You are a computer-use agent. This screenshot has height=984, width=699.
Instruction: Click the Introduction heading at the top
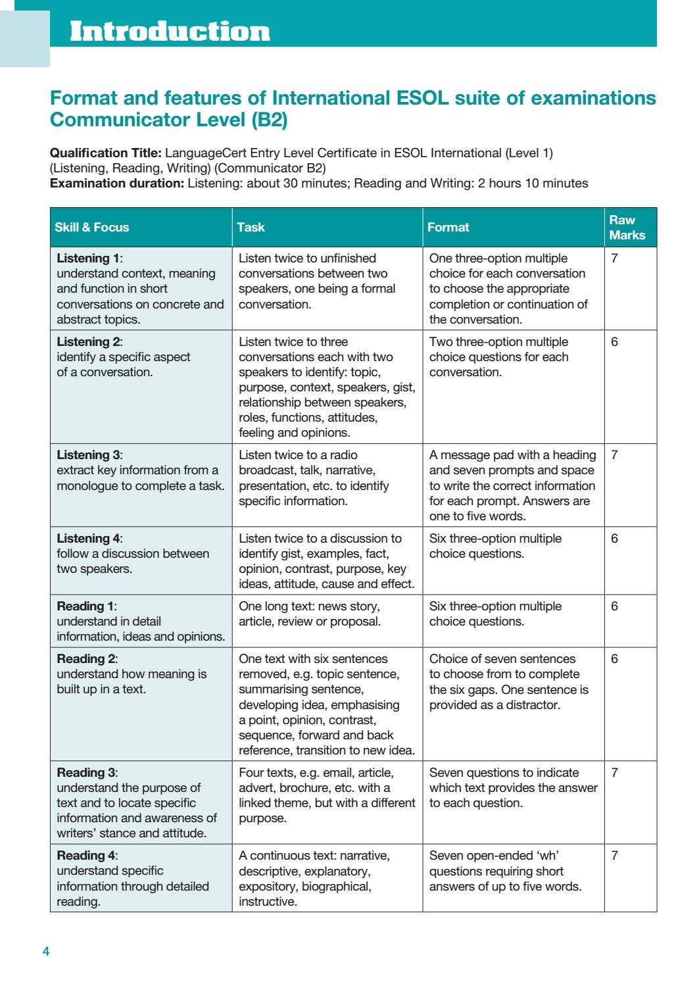[x=170, y=31]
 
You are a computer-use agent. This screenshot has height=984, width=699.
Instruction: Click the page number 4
[x=46, y=951]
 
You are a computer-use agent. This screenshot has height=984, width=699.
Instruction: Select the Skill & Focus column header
[x=92, y=228]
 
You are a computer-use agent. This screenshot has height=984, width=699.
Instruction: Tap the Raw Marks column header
[x=627, y=228]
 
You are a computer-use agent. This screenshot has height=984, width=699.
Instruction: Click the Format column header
[x=448, y=228]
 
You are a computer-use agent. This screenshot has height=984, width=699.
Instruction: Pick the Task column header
[x=251, y=228]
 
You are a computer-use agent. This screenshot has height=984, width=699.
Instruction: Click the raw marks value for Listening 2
[x=614, y=342]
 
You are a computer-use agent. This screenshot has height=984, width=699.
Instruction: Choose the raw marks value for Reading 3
[x=614, y=773]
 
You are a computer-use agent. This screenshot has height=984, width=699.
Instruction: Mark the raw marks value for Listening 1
[x=614, y=258]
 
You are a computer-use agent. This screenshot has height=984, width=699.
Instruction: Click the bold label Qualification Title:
[x=105, y=153]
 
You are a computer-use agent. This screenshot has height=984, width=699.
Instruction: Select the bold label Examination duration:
[x=117, y=184]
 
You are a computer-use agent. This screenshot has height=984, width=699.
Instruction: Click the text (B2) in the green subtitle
[x=268, y=120]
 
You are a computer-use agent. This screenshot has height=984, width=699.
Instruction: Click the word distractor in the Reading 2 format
[x=530, y=705]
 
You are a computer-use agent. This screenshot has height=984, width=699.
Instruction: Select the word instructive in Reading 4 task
[x=268, y=902]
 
